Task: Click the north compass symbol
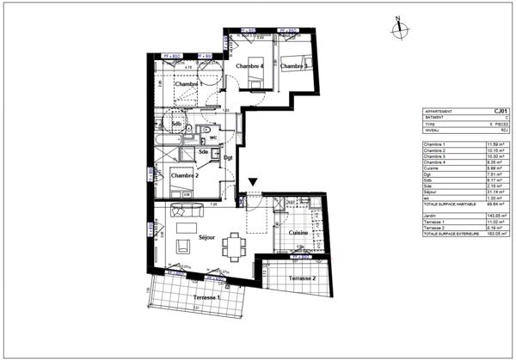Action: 398,28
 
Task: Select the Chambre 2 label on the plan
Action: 184,175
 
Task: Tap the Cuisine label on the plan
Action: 298,232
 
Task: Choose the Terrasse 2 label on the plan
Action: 302,279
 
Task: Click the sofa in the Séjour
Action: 185,209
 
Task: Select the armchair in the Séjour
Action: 181,247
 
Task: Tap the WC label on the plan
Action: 212,137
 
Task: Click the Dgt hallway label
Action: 228,158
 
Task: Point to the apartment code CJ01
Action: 500,110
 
